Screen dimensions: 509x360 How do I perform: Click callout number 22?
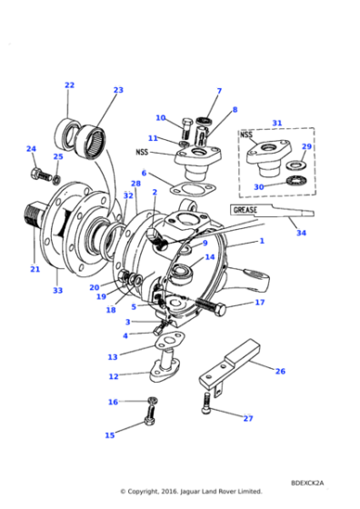point(69,85)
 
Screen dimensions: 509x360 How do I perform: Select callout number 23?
point(118,90)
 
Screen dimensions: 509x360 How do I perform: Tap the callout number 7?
point(219,91)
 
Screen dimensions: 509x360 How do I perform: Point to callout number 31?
point(277,123)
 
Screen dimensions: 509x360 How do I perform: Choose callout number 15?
point(109,435)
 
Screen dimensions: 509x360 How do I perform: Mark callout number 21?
point(35,269)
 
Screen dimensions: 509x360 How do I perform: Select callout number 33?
point(57,291)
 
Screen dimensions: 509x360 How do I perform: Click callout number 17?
point(260,302)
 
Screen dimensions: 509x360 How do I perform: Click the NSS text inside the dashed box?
point(246,135)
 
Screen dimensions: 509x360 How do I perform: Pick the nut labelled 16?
point(151,401)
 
